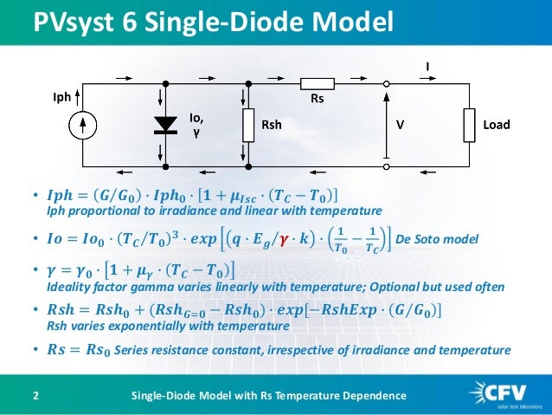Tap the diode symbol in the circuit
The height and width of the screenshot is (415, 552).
click(x=164, y=125)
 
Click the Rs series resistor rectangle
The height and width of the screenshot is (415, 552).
click(x=317, y=83)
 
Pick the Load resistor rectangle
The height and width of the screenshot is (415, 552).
click(x=469, y=125)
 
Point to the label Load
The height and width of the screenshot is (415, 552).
click(x=497, y=125)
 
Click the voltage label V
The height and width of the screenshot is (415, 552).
click(x=400, y=125)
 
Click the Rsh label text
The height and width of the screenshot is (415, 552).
click(x=272, y=125)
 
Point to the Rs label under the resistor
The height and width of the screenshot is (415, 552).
click(x=317, y=100)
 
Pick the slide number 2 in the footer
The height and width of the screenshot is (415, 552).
click(x=35, y=396)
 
